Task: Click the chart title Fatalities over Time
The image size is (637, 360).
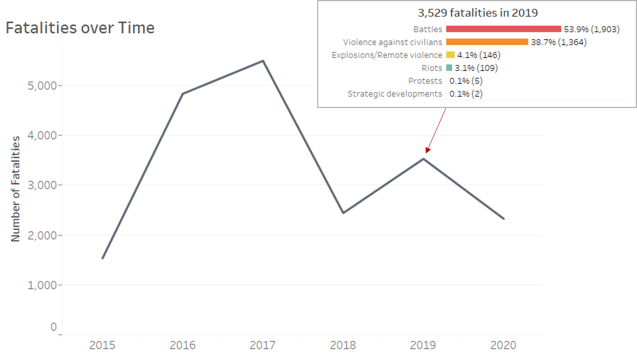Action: (x=80, y=28)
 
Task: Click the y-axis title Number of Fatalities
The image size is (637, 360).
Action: (x=16, y=189)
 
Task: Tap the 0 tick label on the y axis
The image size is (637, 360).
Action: (x=53, y=327)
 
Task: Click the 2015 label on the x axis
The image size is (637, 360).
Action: (x=102, y=346)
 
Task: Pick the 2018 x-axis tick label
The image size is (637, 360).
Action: (x=343, y=346)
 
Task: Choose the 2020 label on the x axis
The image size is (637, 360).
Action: (x=503, y=346)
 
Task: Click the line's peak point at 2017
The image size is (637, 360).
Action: (x=263, y=61)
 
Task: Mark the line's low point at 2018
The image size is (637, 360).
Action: (x=343, y=213)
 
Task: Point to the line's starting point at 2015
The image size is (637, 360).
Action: (x=102, y=258)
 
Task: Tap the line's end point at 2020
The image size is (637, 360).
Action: (x=504, y=218)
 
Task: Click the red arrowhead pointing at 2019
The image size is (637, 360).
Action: (x=427, y=150)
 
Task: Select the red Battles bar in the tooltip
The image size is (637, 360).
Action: (x=503, y=29)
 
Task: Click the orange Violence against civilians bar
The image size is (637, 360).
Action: (x=487, y=42)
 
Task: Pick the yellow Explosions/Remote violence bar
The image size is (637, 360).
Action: (x=450, y=55)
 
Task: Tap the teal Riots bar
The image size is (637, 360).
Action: (x=449, y=68)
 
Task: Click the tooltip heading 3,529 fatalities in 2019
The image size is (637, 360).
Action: (x=478, y=13)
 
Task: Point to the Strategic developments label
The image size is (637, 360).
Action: (x=395, y=94)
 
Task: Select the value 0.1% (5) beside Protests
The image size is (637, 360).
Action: (x=466, y=81)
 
